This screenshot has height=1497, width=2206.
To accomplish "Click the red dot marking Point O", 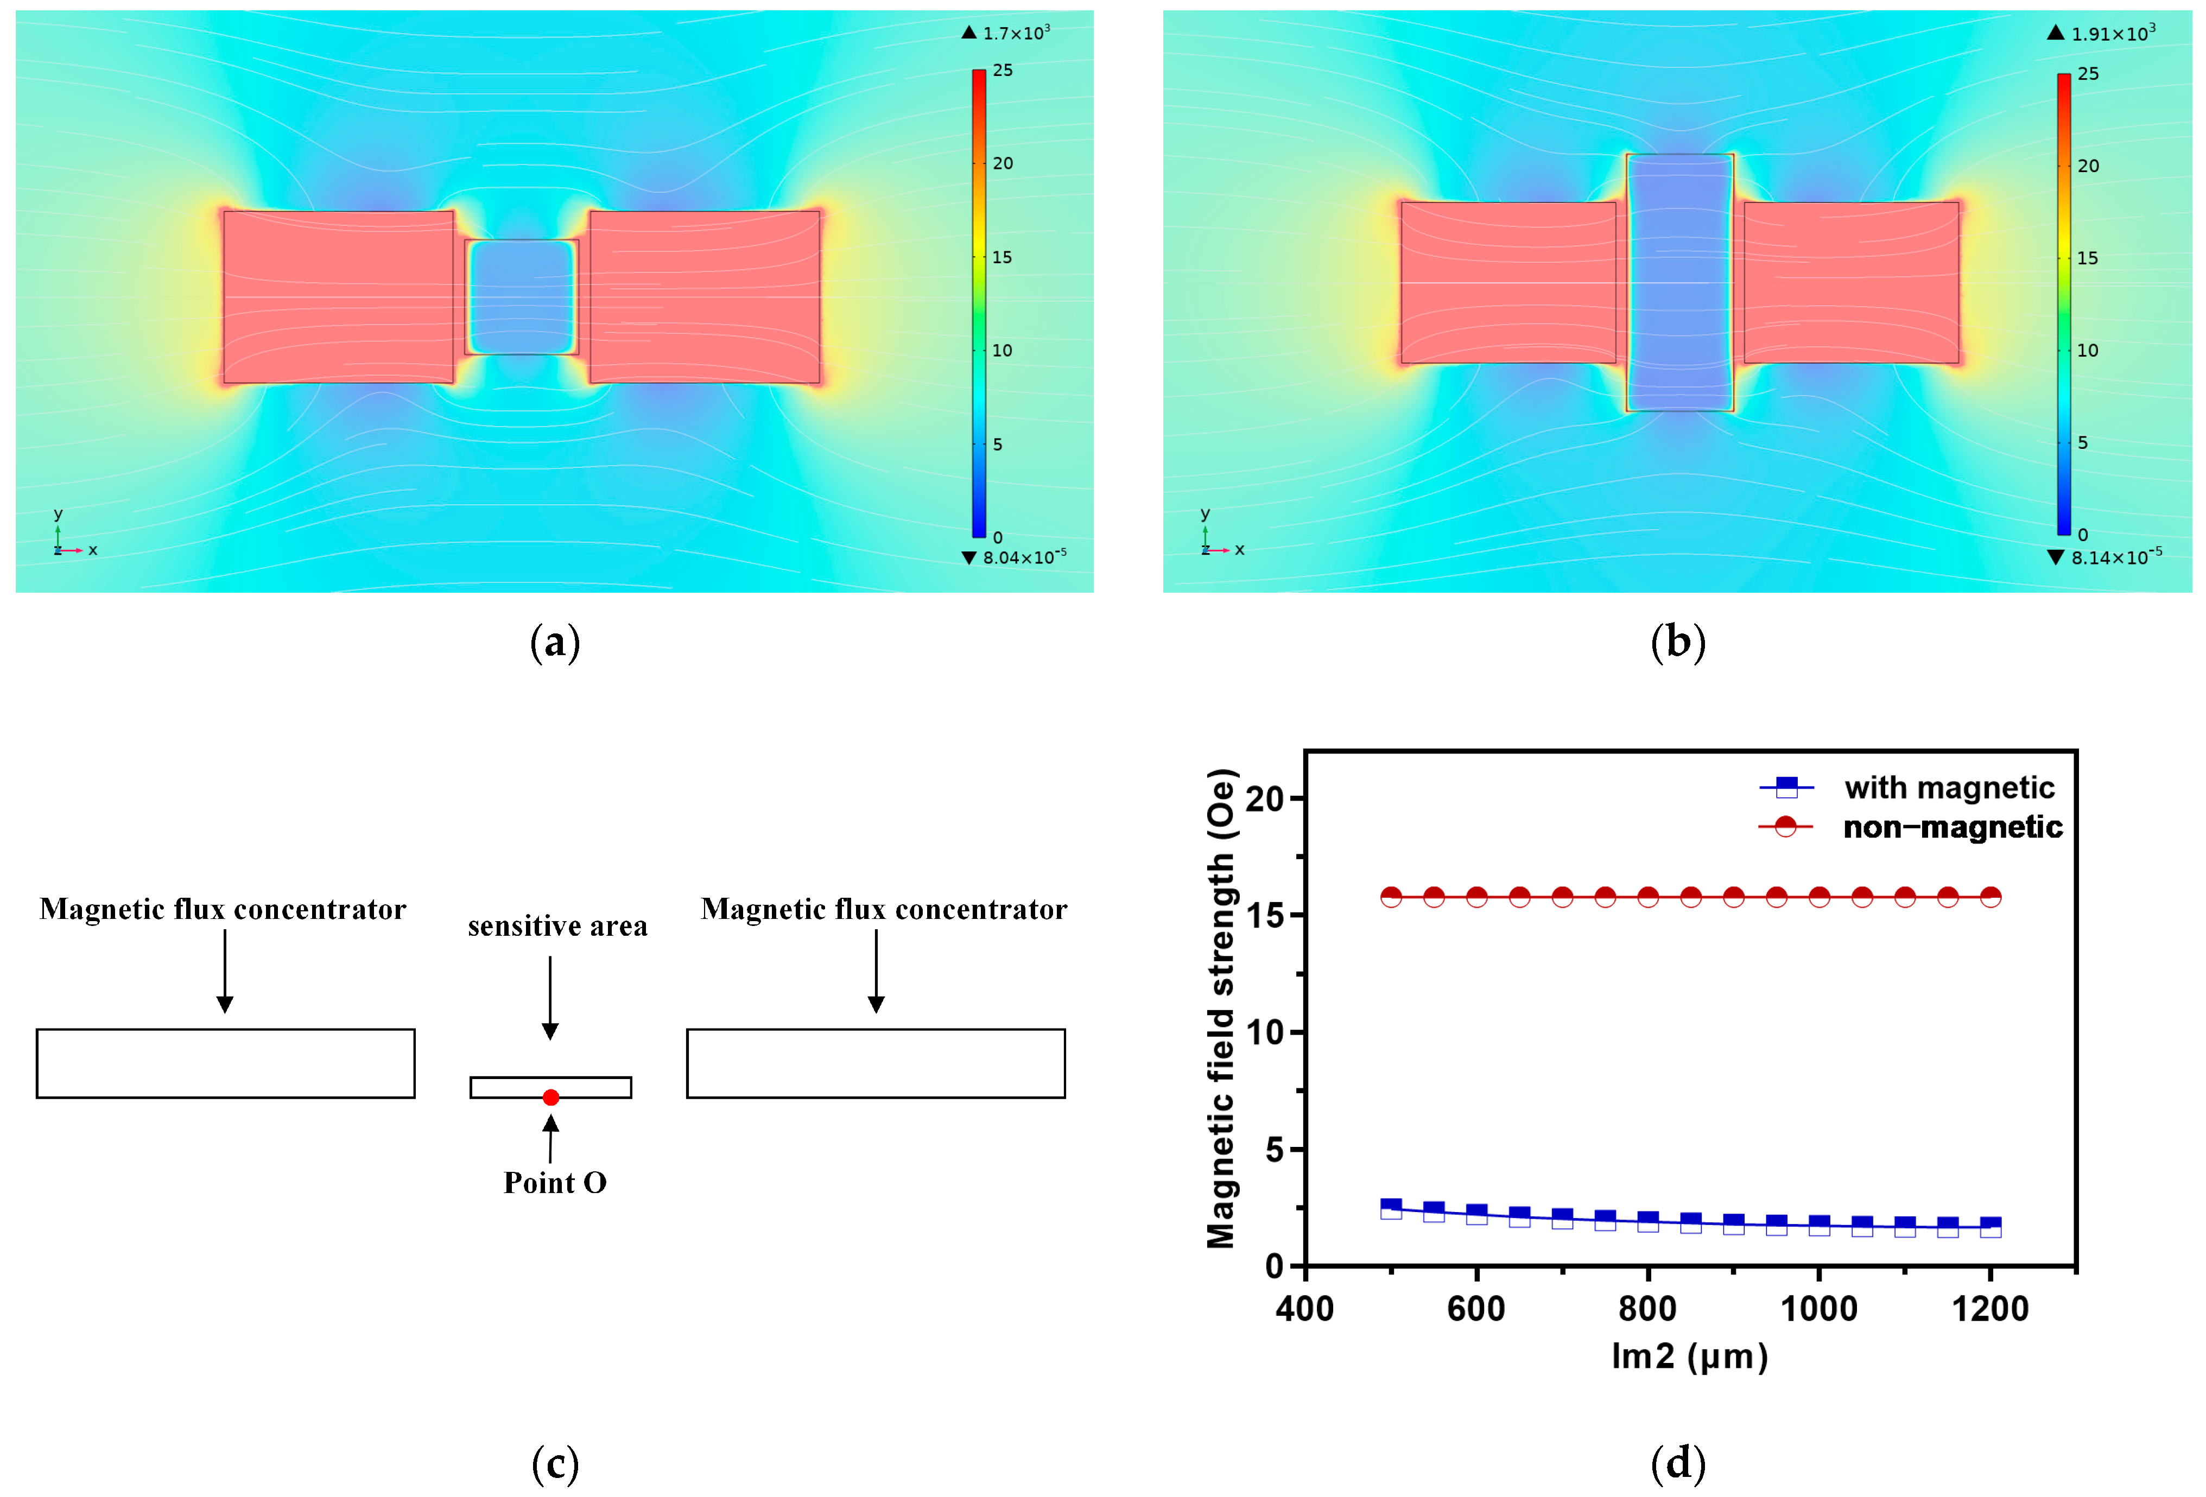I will (550, 1098).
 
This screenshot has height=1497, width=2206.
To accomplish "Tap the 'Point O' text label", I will (555, 1183).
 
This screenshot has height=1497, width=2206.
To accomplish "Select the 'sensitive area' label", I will (557, 925).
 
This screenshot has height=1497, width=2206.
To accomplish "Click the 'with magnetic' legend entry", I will (1949, 788).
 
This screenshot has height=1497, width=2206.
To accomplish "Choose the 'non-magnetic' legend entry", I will (1951, 827).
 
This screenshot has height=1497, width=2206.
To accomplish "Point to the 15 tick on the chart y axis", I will (1265, 915).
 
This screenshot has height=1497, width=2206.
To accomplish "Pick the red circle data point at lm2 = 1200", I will (1991, 897).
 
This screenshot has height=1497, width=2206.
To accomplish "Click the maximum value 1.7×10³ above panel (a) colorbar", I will (1016, 33).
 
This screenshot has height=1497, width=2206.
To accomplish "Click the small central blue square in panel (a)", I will (522, 296).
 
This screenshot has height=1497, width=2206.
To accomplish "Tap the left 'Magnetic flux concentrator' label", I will (223, 909).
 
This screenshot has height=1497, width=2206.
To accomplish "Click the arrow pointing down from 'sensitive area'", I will (550, 997).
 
